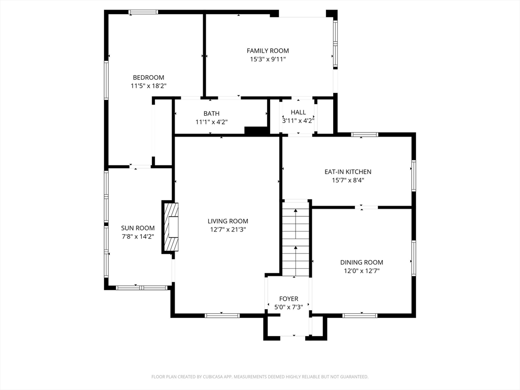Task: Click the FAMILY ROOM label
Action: pyautogui.click(x=268, y=51)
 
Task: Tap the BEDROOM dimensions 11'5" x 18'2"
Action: pyautogui.click(x=149, y=86)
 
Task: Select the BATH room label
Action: pyautogui.click(x=212, y=113)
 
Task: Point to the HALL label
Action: pyautogui.click(x=298, y=112)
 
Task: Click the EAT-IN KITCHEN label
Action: pyautogui.click(x=348, y=172)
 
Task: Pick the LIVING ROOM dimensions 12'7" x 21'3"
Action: pyautogui.click(x=228, y=230)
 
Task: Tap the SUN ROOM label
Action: pyautogui.click(x=138, y=228)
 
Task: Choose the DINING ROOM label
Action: pyautogui.click(x=362, y=263)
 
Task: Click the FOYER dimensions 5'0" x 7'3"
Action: pyautogui.click(x=288, y=307)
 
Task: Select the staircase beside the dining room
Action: pyautogui.click(x=296, y=238)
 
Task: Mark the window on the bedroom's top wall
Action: pyautogui.click(x=143, y=12)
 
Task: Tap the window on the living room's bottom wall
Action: pyautogui.click(x=222, y=315)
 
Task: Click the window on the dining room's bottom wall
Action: pyautogui.click(x=360, y=315)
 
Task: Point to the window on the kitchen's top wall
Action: pyautogui.click(x=365, y=135)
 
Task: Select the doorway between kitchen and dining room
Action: pyautogui.click(x=367, y=208)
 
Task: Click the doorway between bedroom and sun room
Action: pyautogui.click(x=140, y=167)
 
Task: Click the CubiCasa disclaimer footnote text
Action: pyautogui.click(x=259, y=377)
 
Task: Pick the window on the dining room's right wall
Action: pyautogui.click(x=413, y=257)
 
